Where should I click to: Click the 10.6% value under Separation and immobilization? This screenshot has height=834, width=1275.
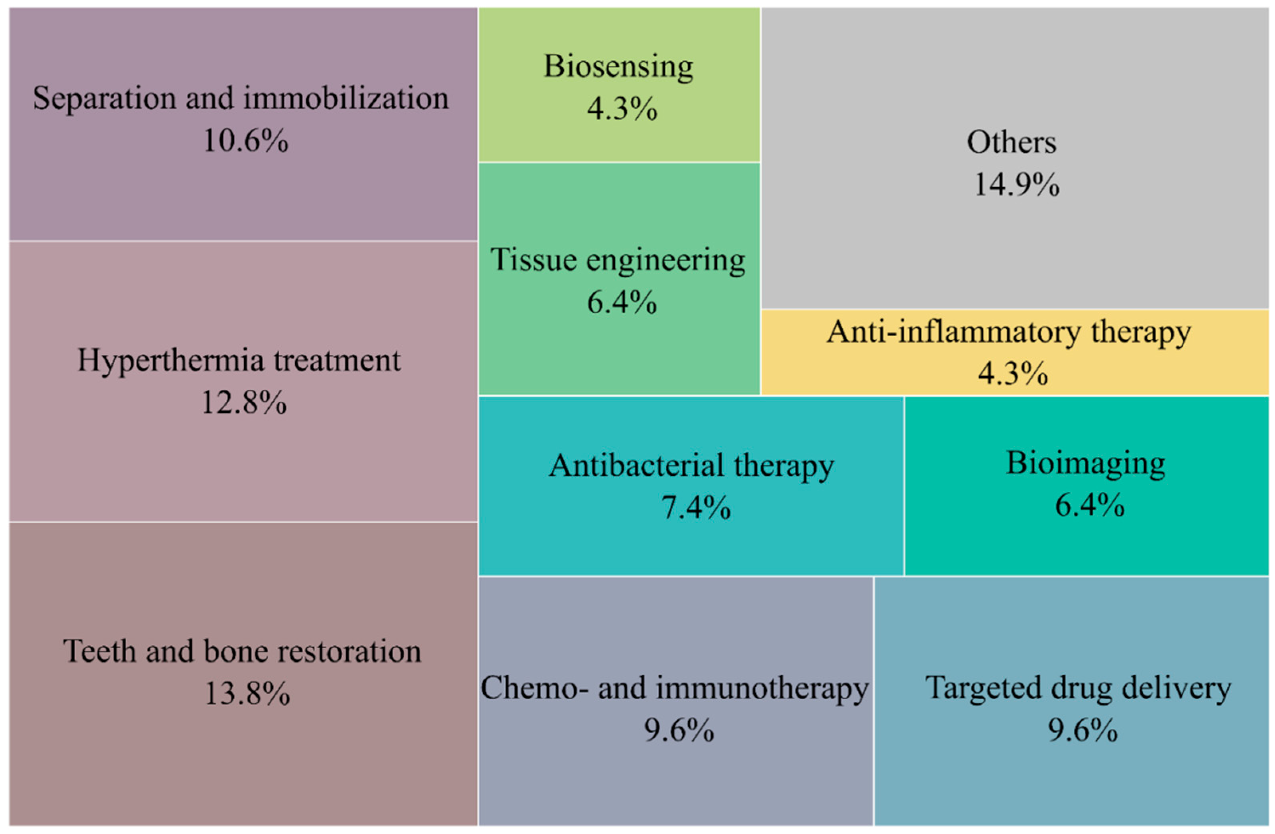[245, 141]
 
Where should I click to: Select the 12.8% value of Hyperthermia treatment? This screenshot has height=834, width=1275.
[244, 403]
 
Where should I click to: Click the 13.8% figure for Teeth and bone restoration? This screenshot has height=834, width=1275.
[247, 694]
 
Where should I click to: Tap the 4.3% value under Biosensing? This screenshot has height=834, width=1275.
[622, 109]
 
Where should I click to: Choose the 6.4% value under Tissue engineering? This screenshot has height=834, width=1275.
[622, 303]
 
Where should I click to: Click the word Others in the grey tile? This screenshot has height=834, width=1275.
[1011, 143]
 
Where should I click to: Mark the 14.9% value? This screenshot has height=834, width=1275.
[1016, 185]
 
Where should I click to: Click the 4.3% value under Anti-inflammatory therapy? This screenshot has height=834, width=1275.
[1012, 374]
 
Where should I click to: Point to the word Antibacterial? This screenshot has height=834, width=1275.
[636, 465]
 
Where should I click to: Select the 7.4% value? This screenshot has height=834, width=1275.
[695, 508]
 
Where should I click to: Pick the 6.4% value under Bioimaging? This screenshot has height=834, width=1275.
[1090, 506]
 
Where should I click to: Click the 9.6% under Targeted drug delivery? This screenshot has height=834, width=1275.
[1083, 730]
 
